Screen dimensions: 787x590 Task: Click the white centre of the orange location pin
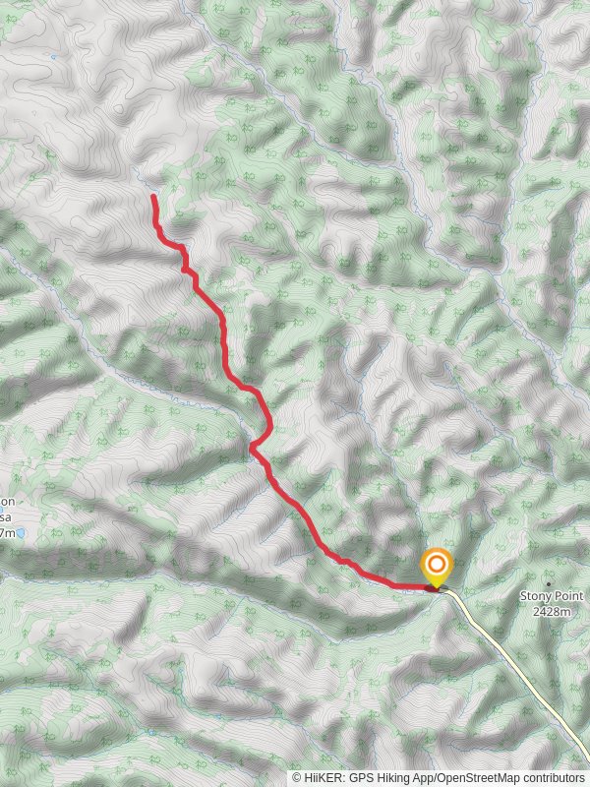click(x=437, y=566)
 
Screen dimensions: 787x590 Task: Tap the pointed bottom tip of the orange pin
click(x=437, y=588)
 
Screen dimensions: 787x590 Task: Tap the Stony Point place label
click(x=552, y=596)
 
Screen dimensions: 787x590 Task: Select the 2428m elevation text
click(x=552, y=611)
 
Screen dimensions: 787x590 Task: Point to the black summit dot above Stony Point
click(x=548, y=584)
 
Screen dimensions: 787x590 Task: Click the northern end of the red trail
click(x=153, y=197)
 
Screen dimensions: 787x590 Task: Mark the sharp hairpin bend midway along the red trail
click(x=253, y=448)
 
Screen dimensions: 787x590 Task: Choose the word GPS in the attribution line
click(x=364, y=777)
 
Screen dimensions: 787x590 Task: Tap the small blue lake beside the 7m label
click(x=21, y=532)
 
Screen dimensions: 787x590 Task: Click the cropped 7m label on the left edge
click(x=7, y=532)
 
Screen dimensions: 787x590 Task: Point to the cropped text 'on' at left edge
click(x=7, y=501)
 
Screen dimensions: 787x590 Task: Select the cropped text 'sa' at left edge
click(x=6, y=516)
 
